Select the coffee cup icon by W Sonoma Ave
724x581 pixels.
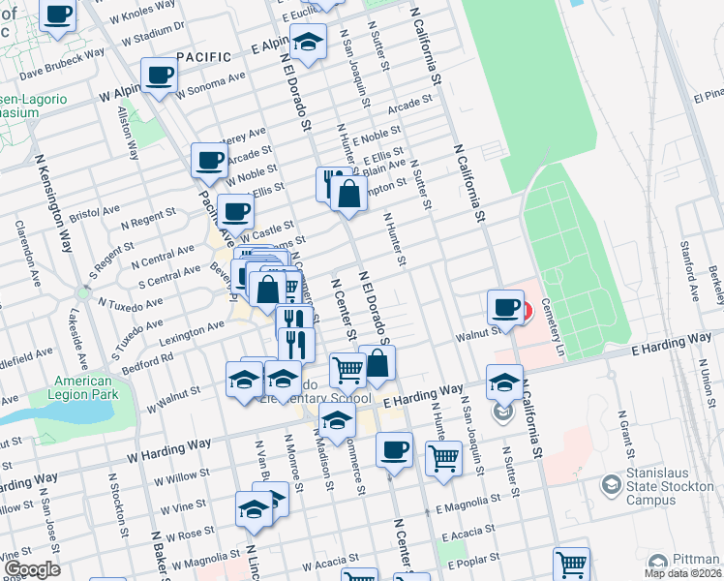click(160, 75)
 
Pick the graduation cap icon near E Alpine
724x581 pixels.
click(308, 43)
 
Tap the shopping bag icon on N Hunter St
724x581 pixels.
click(348, 194)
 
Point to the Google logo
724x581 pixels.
click(32, 570)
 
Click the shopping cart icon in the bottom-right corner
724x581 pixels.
click(571, 563)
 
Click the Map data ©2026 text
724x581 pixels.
click(683, 574)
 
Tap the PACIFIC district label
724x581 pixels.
click(204, 57)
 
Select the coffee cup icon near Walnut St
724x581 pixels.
click(504, 307)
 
